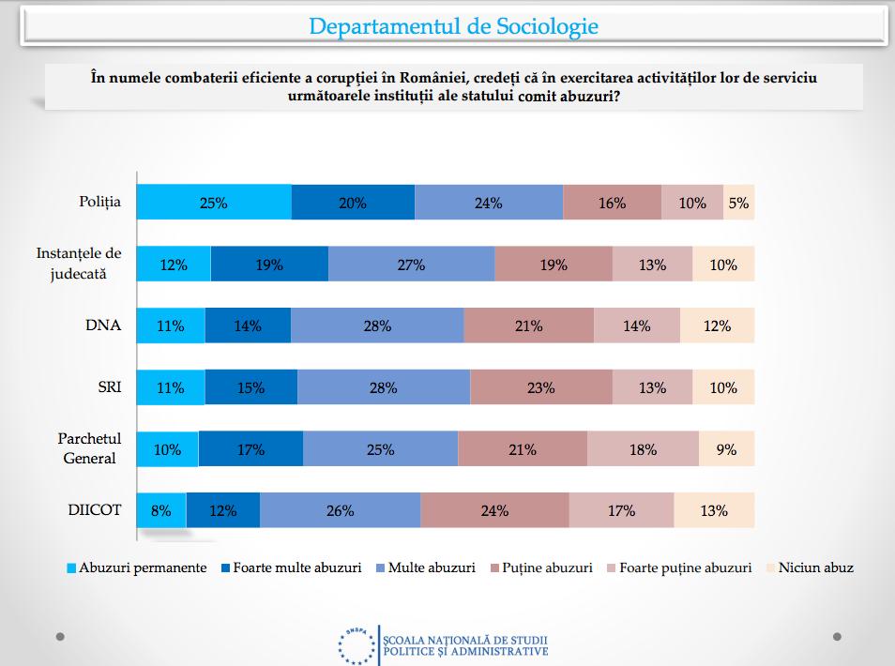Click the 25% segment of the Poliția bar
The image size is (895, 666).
pyautogui.click(x=214, y=203)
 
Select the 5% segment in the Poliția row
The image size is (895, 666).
pyautogui.click(x=738, y=203)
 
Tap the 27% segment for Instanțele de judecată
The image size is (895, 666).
pyautogui.click(x=411, y=265)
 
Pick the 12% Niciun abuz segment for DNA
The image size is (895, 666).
pyautogui.click(x=717, y=326)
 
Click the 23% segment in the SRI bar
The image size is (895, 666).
pyautogui.click(x=540, y=387)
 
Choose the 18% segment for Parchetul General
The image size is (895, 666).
pyautogui.click(x=643, y=449)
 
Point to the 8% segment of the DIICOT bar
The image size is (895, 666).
pyautogui.click(x=161, y=511)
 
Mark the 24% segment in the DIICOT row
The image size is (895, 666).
pyautogui.click(x=494, y=511)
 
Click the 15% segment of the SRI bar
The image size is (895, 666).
pyautogui.click(x=250, y=387)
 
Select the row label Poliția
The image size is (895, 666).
pyautogui.click(x=100, y=203)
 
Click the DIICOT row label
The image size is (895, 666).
pyautogui.click(x=97, y=511)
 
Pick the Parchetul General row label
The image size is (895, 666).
pyautogui.click(x=90, y=449)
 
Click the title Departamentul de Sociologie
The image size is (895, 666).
pyautogui.click(x=453, y=26)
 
